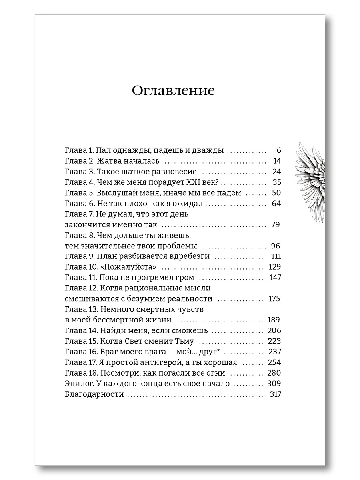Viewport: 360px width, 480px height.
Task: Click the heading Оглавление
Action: (173, 91)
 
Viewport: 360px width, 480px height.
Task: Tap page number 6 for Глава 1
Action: (279, 151)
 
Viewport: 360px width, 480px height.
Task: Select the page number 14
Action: (277, 161)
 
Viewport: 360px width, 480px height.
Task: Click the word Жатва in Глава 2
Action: (108, 161)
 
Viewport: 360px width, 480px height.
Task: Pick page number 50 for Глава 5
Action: (276, 193)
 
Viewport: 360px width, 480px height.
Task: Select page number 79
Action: (275, 224)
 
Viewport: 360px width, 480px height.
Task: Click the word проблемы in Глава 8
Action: (178, 246)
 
